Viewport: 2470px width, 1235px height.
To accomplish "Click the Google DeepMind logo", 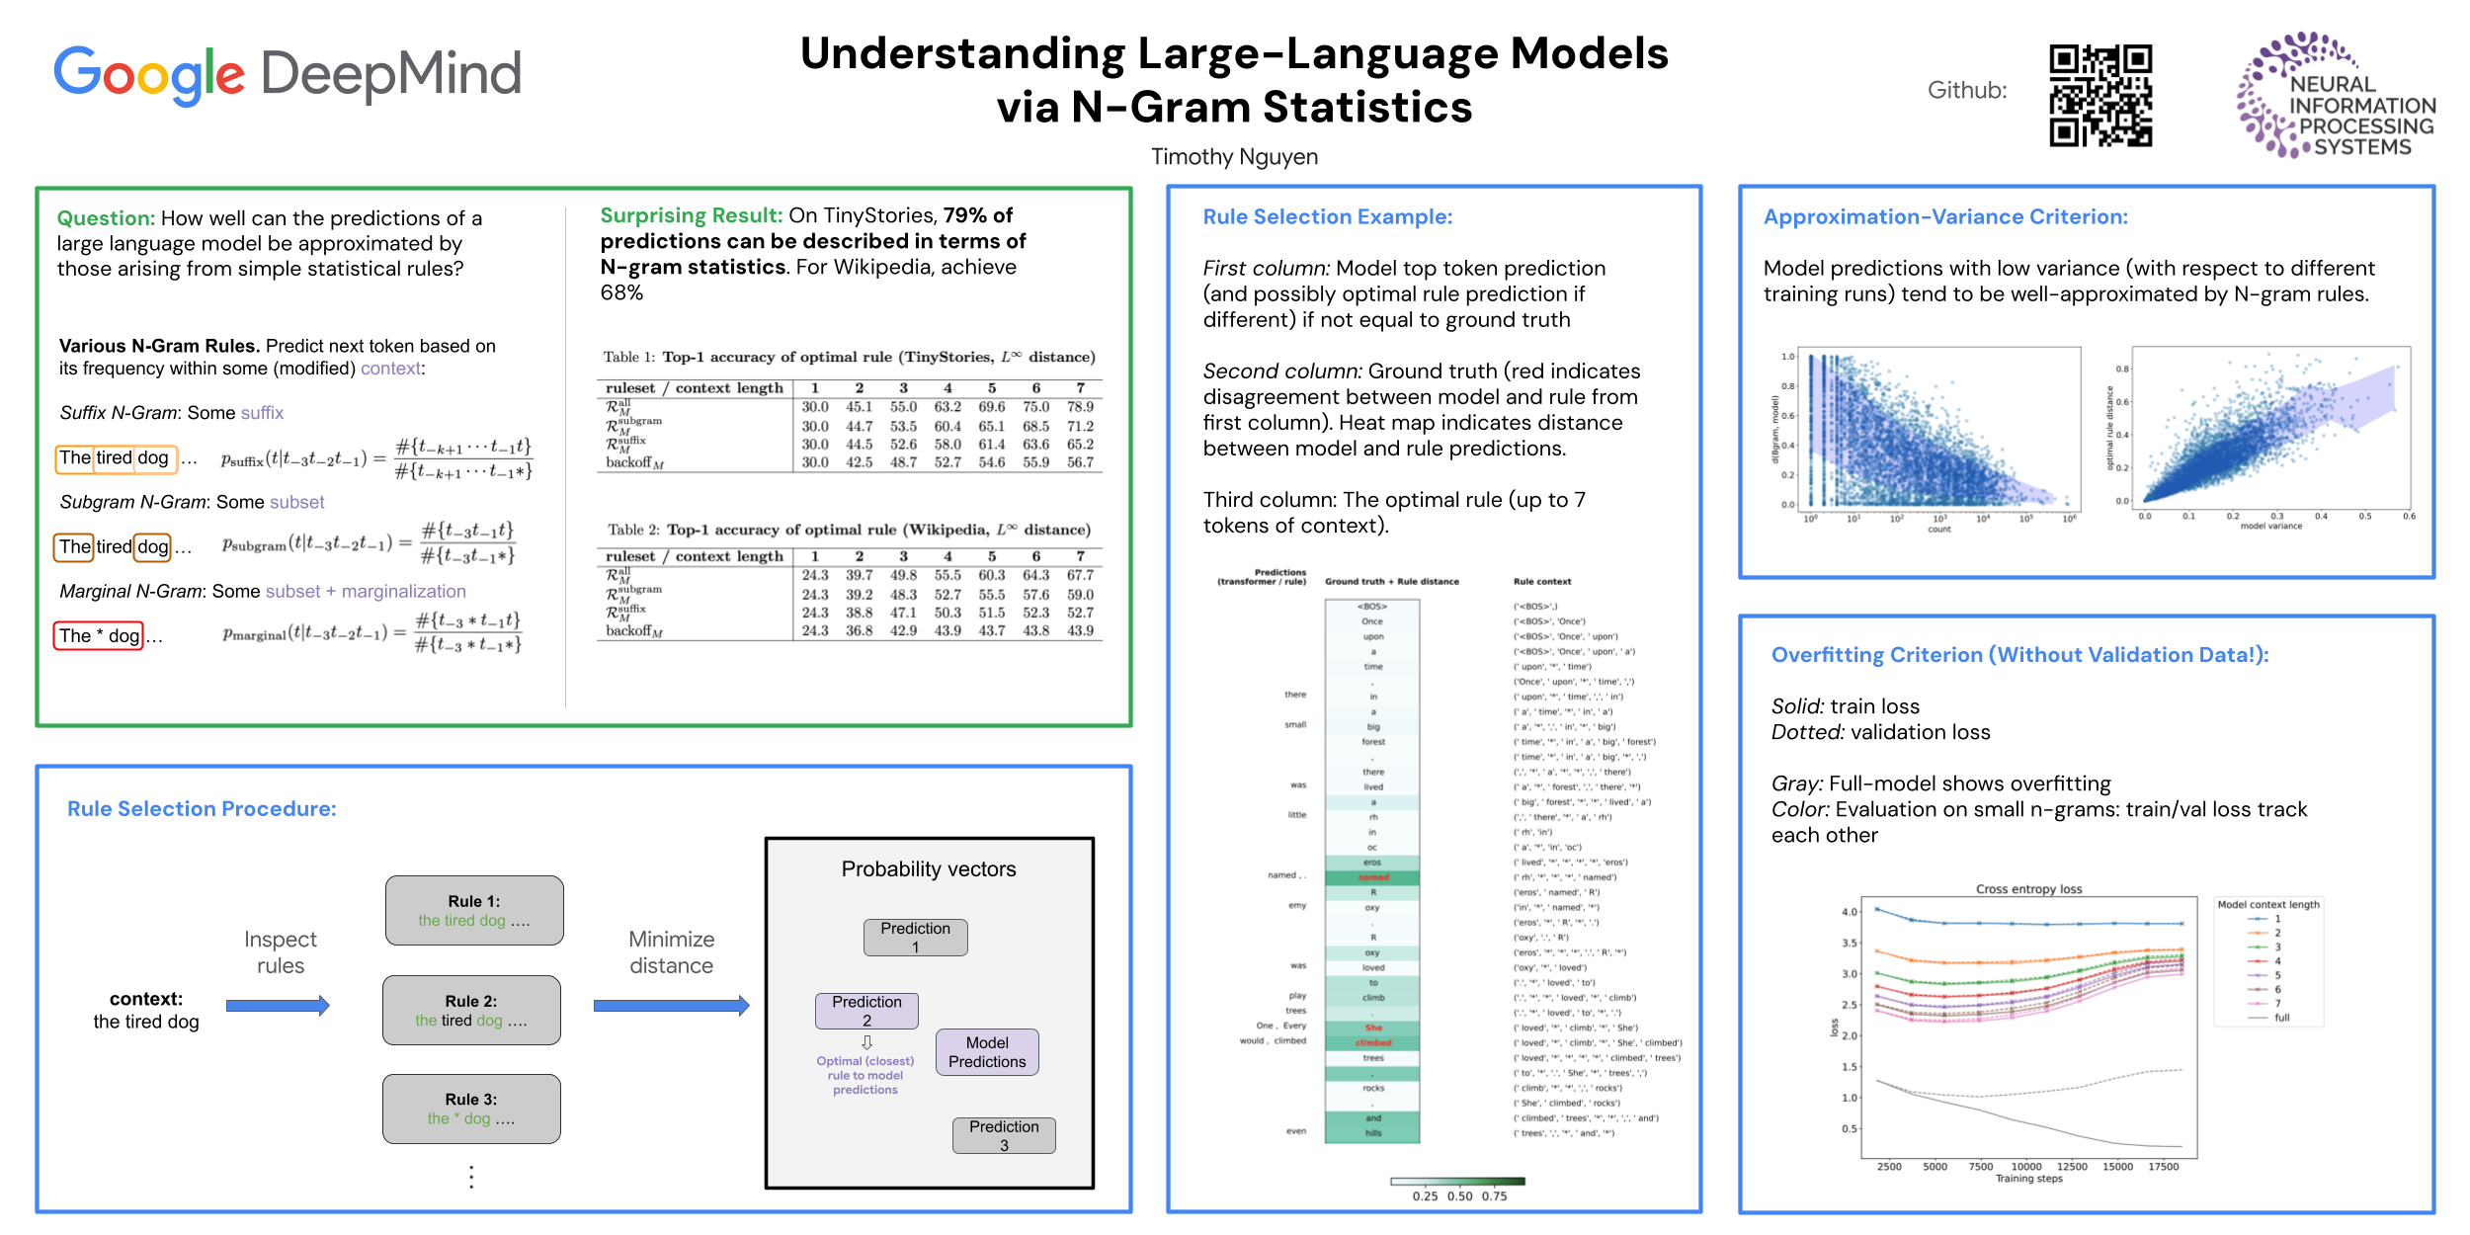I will pos(288,74).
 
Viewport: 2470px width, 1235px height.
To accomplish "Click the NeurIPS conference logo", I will pos(2336,96).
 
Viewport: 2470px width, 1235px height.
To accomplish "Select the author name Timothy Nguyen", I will pos(1234,157).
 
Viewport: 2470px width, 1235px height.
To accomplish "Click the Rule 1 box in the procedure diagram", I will pos(474,910).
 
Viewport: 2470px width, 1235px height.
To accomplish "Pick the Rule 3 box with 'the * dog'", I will pos(471,1109).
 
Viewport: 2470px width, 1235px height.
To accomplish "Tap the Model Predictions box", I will pos(987,1052).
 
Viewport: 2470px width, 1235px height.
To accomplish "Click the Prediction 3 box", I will pos(1004,1135).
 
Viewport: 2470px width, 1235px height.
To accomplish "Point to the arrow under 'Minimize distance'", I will pos(671,1006).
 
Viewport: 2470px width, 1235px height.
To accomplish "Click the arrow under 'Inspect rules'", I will pos(278,1006).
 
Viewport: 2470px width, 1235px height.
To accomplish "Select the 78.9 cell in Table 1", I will pos(1080,407).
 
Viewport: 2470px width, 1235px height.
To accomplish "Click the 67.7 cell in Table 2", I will pos(1080,575).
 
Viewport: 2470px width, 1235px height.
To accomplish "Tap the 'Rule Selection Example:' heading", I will pos(1327,217).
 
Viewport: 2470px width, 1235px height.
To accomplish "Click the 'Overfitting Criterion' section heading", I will pos(2019,655).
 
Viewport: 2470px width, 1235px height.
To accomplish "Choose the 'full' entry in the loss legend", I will pos(2281,1018).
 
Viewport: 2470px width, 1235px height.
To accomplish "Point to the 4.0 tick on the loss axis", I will pos(1849,912).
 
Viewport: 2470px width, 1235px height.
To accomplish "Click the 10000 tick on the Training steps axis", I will pos(2025,1167).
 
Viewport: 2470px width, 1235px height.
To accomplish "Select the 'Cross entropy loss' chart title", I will pos(2028,889).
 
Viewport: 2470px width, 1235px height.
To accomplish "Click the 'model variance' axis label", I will pos(2270,527).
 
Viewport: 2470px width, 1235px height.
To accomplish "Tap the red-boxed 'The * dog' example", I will pos(99,636).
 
